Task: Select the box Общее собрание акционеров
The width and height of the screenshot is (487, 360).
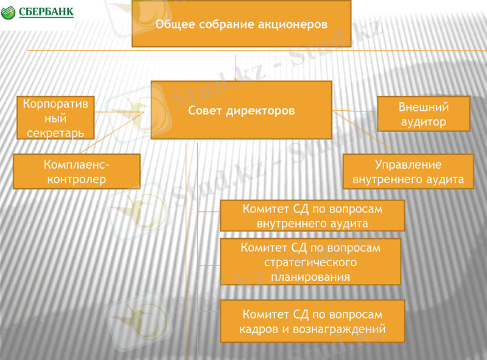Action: pos(241,24)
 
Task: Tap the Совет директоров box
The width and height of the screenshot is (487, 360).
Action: pos(241,110)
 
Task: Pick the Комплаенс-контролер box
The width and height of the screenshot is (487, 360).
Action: pos(76,171)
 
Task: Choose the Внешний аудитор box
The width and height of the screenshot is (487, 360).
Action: pos(424,114)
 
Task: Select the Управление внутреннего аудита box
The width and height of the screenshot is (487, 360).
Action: pos(408,172)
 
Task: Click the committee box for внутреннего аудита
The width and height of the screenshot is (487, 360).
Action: pos(312,216)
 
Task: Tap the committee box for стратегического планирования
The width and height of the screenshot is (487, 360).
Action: pos(310,261)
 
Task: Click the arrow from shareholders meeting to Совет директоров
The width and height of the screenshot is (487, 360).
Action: pos(235,64)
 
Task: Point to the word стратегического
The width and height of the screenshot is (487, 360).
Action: pos(310,262)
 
